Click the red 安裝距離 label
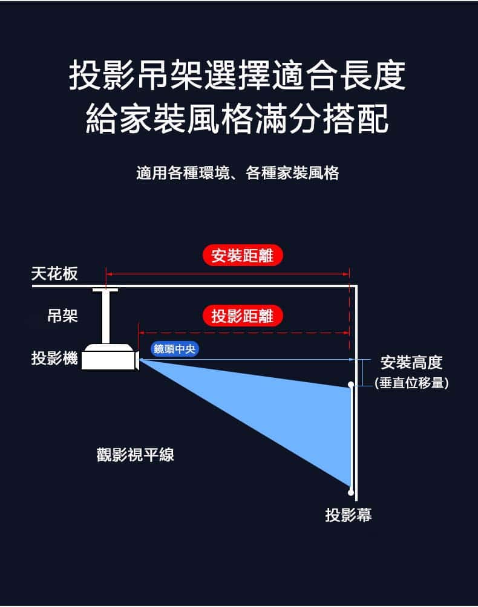coord(243,256)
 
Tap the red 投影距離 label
coord(243,316)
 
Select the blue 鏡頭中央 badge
coord(174,349)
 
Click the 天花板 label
coord(54,273)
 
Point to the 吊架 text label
coord(62,316)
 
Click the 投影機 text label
coord(54,358)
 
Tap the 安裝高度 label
coord(411,363)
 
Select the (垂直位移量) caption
coord(412,383)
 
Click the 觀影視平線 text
coord(135,454)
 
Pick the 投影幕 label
coord(349,515)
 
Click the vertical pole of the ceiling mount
coord(105,317)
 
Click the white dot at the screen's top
coord(351,385)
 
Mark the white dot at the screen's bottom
coord(351,492)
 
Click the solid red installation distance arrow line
coord(228,274)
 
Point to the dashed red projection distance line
coord(244,333)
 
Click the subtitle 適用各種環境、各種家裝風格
coord(238,173)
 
